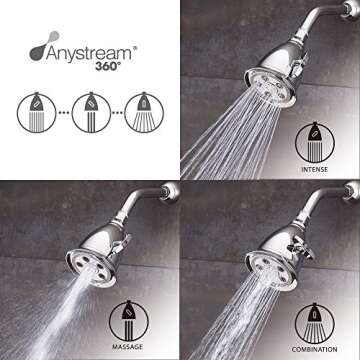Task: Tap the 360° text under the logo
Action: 93,61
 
